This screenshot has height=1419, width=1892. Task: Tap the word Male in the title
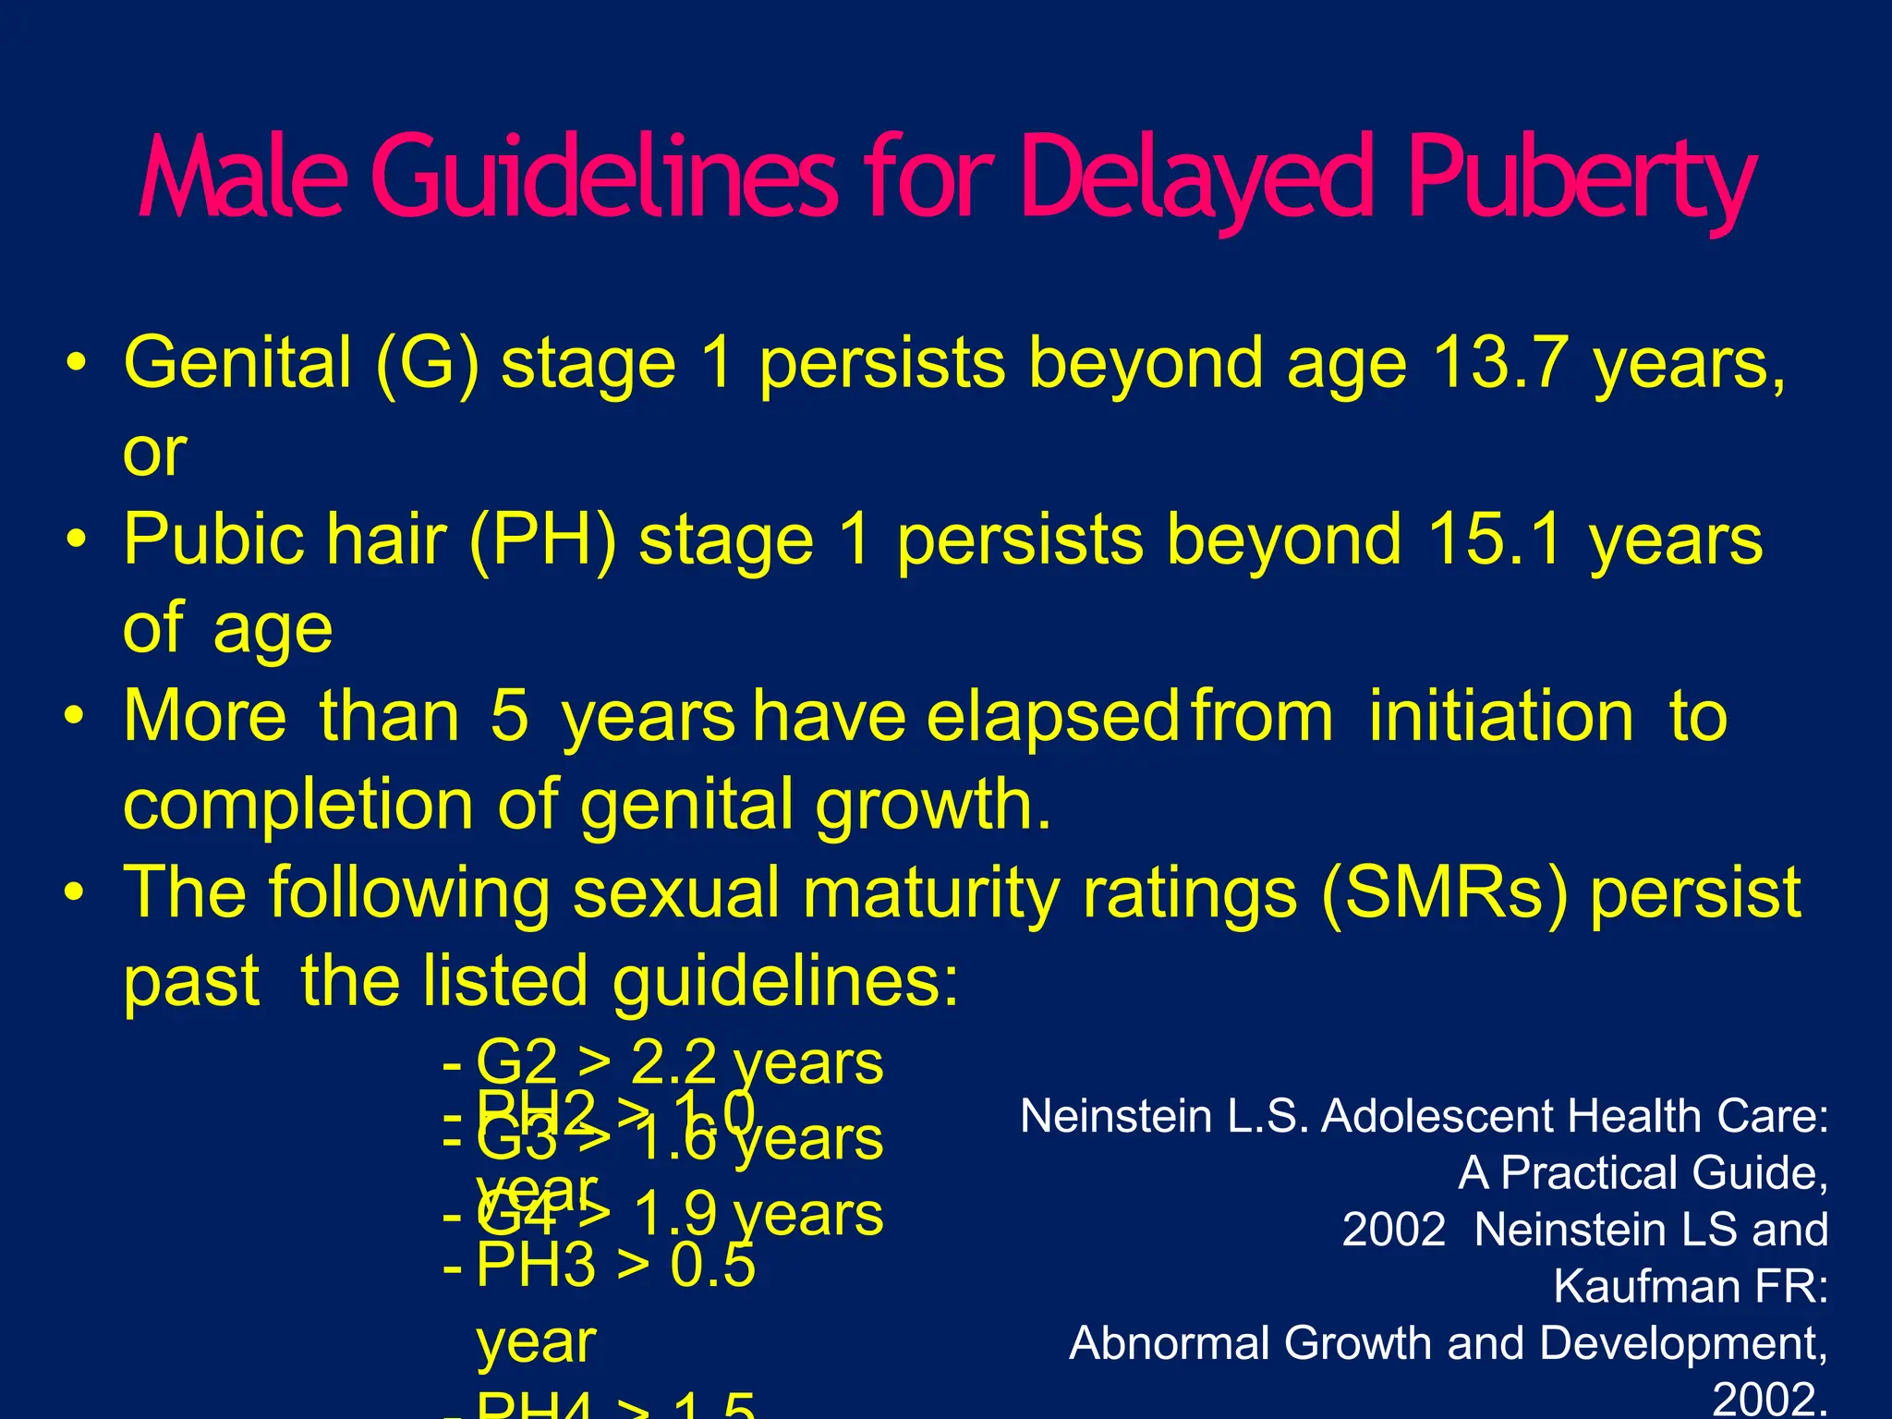pyautogui.click(x=243, y=177)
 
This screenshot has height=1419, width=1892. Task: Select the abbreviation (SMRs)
pyautogui.click(x=1444, y=893)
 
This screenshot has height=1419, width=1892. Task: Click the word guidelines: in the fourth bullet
pyautogui.click(x=786, y=981)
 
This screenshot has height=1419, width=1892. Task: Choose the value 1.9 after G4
pyautogui.click(x=676, y=1214)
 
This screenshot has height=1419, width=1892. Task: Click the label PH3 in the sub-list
pyautogui.click(x=535, y=1265)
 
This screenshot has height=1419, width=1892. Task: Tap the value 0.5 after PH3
pyautogui.click(x=712, y=1265)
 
